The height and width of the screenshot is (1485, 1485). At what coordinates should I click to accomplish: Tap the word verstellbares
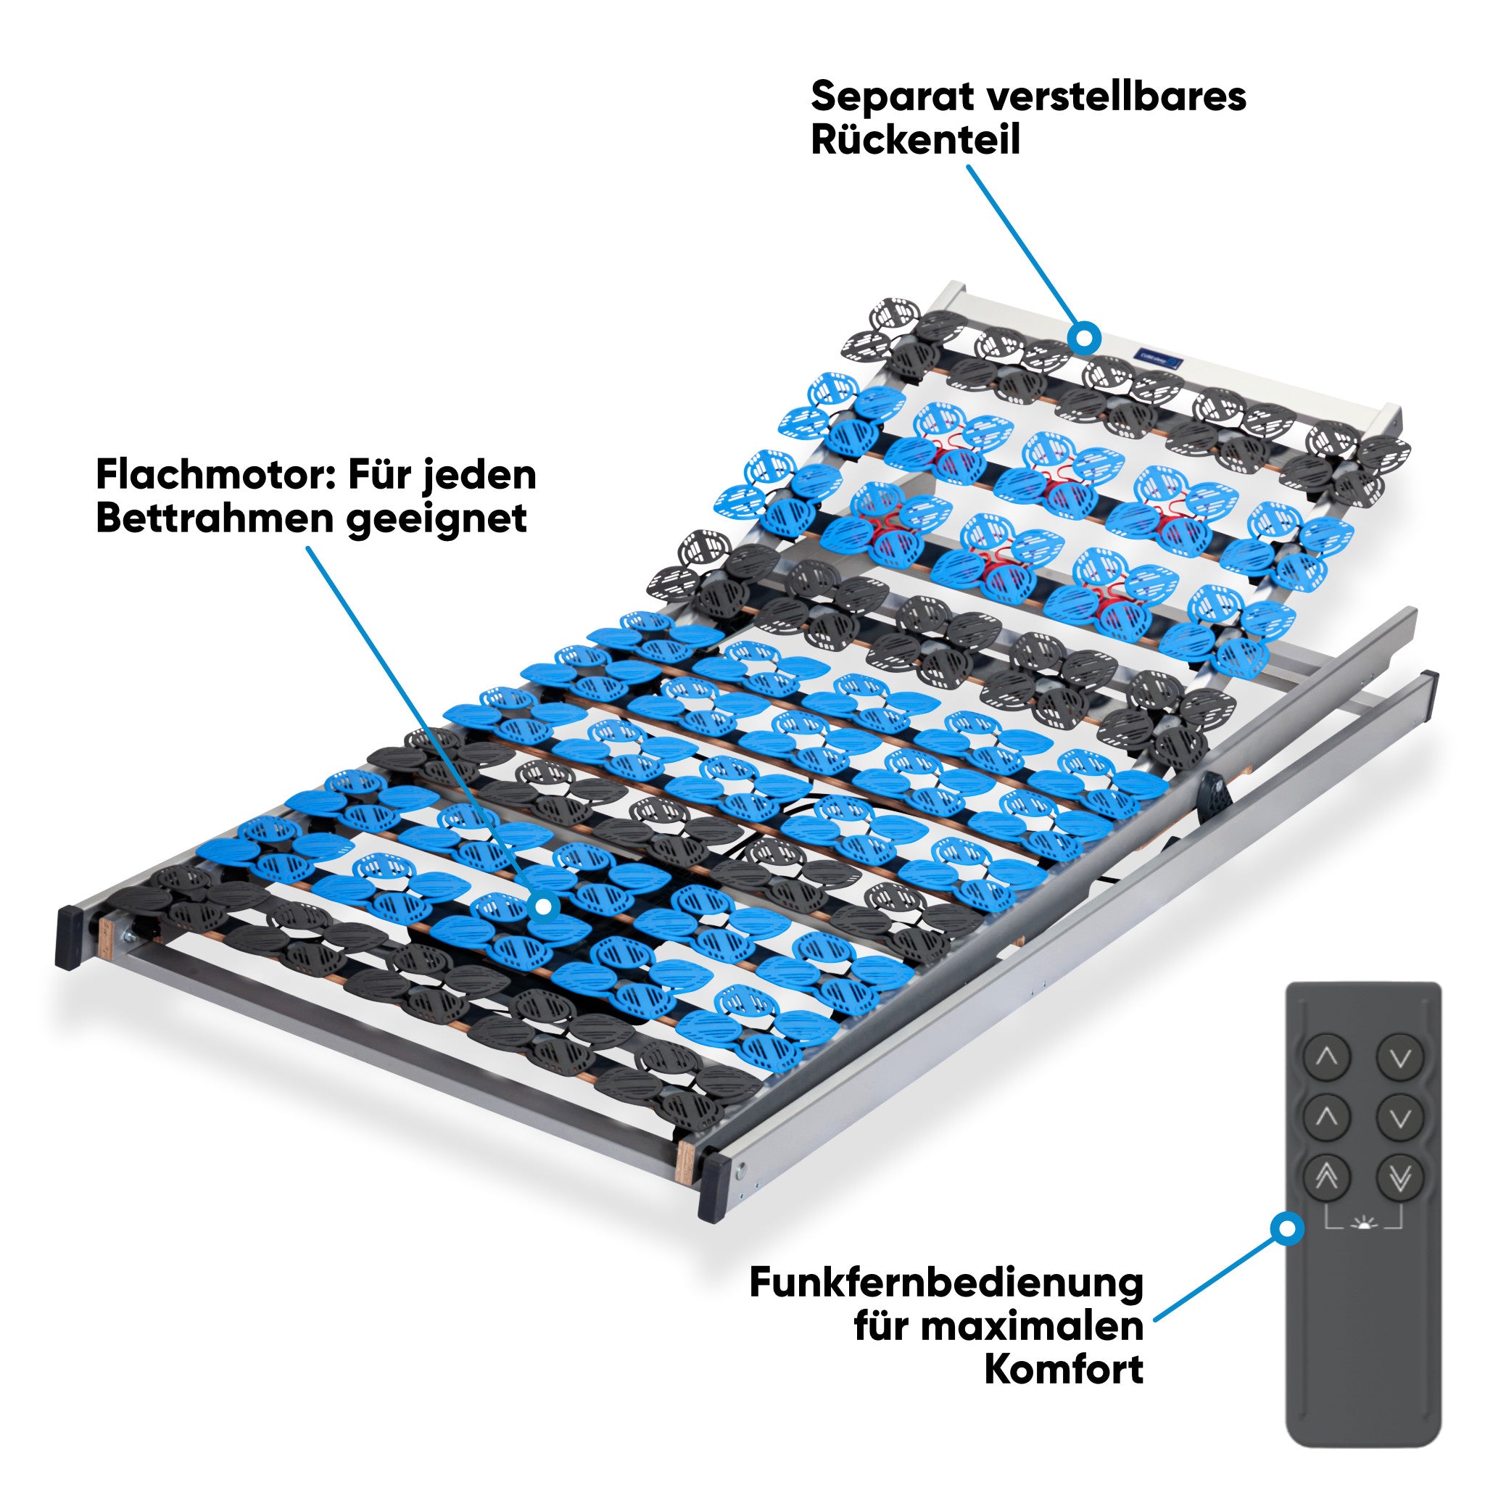pos(1117,97)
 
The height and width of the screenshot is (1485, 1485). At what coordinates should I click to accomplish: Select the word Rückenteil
pos(916,140)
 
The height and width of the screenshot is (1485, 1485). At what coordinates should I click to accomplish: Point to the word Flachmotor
pos(217,475)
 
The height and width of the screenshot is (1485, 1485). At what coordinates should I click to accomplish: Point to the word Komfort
pos(1064,1369)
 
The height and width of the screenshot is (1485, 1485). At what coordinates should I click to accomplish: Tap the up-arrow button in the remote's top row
pos(1327,1058)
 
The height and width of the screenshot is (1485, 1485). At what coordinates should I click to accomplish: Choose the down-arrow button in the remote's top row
pos(1399,1058)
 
